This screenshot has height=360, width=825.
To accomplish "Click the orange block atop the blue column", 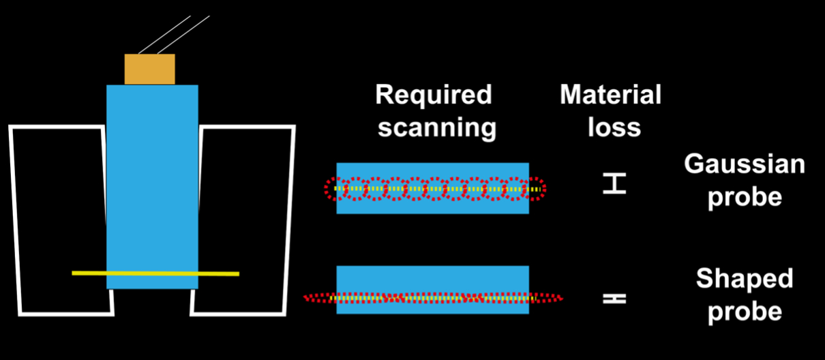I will click(149, 69).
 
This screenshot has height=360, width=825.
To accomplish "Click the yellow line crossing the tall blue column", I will click(155, 273).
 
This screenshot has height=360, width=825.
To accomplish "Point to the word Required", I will click(434, 95).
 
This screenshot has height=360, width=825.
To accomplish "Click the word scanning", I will click(436, 127).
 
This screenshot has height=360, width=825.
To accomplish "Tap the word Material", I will click(611, 95).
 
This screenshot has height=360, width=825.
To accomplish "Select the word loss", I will click(614, 127).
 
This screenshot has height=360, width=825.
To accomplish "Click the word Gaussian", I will click(745, 164).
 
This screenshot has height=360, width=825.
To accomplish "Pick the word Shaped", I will click(745, 278).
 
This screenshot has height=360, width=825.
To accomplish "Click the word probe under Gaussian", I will click(745, 197).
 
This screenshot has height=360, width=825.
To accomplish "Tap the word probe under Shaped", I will click(745, 312).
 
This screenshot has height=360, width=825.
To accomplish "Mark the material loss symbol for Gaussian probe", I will click(614, 183).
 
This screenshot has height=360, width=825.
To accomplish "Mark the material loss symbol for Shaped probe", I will click(614, 298).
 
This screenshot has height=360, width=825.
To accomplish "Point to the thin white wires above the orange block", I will click(174, 34).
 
